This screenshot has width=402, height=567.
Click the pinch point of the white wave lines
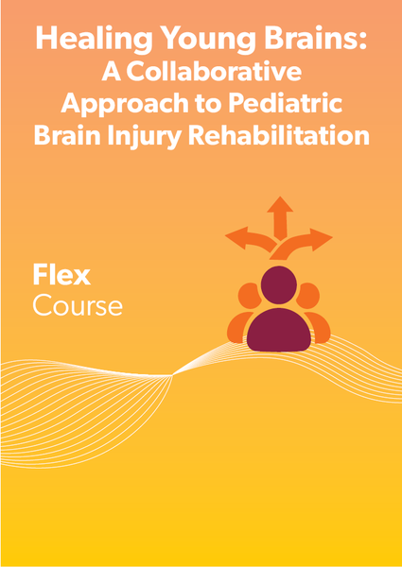(x=172, y=375)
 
